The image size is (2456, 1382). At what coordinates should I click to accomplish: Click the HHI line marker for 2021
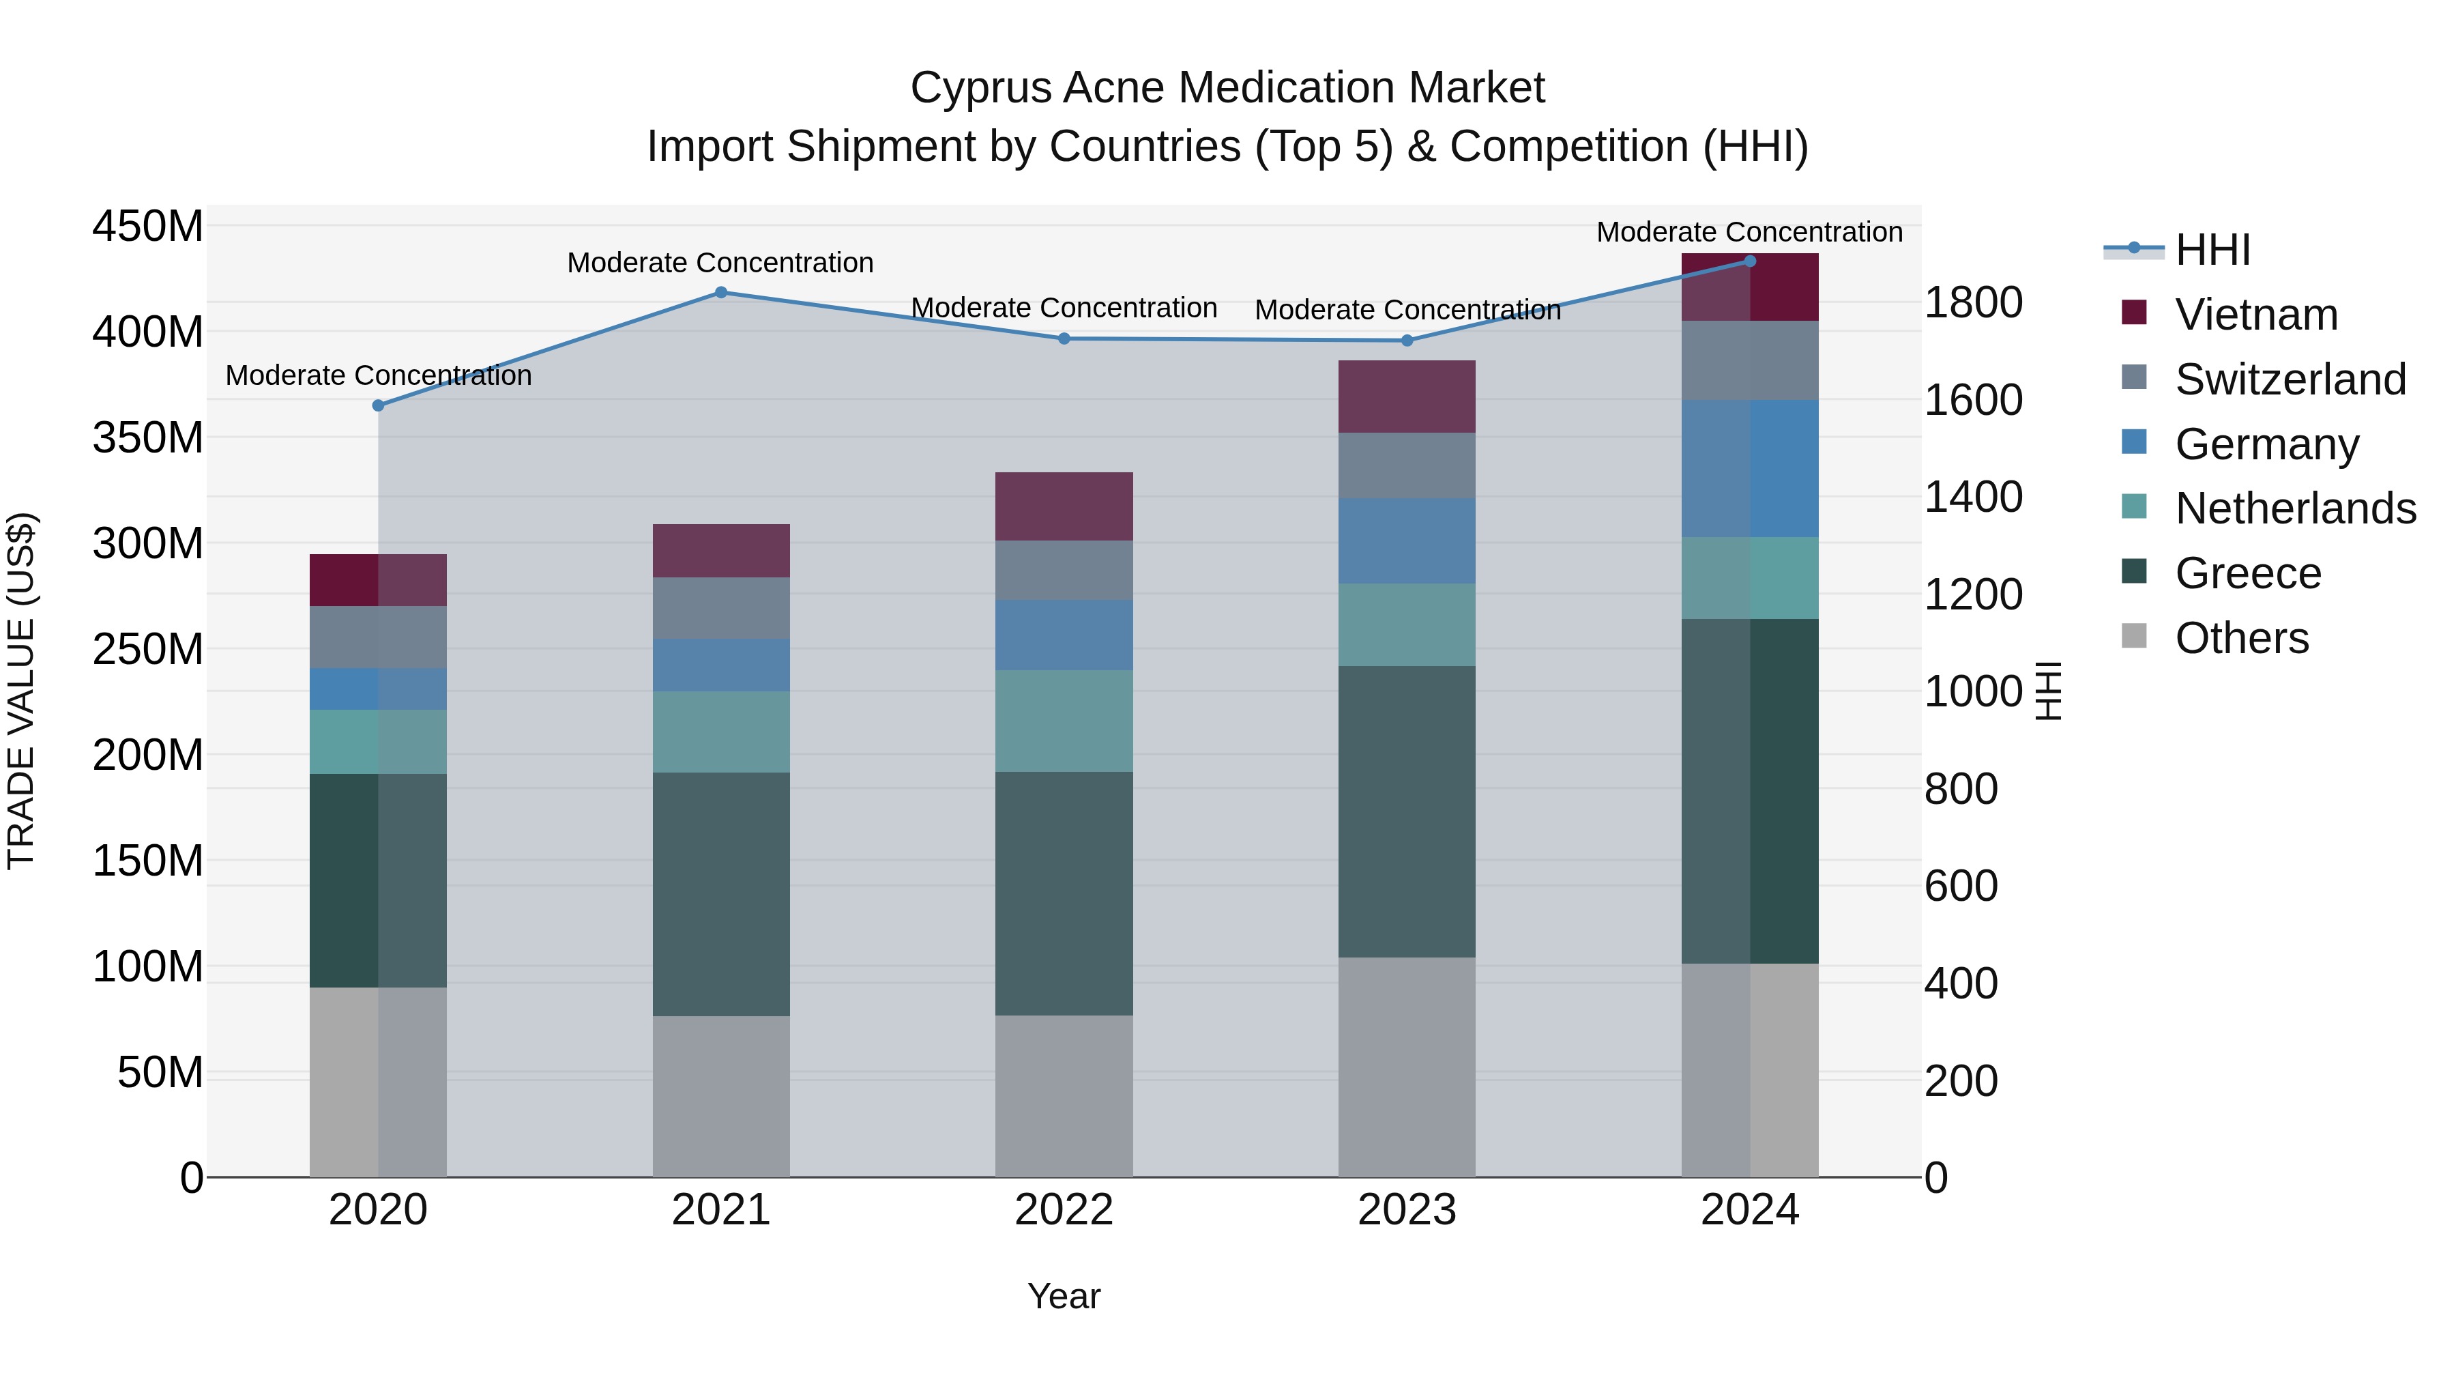coord(721,293)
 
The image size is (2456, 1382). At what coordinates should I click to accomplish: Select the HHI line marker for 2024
coord(1749,261)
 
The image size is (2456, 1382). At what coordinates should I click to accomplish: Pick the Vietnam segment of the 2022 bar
coord(1064,506)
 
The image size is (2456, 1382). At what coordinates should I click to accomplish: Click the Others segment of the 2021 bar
coord(721,1096)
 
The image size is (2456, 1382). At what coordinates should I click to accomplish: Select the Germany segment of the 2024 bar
coord(1749,468)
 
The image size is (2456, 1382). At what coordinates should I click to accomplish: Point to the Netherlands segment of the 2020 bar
coord(377,741)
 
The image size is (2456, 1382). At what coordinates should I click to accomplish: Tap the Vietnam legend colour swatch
coord(2134,313)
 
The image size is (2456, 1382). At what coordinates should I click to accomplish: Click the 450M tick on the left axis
coord(148,227)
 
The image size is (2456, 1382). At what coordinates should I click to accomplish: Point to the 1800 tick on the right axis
coord(1972,302)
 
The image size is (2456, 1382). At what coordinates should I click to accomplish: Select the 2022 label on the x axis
coord(1064,1210)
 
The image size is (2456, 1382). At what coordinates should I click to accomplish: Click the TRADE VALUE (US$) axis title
coord(21,691)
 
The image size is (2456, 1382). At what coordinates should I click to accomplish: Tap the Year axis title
coord(1064,1296)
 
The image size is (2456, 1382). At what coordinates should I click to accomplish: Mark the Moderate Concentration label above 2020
coord(379,376)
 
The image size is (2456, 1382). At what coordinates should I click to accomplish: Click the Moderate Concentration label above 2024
coord(1749,232)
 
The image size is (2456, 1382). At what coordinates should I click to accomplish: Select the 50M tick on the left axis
coord(160,1073)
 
